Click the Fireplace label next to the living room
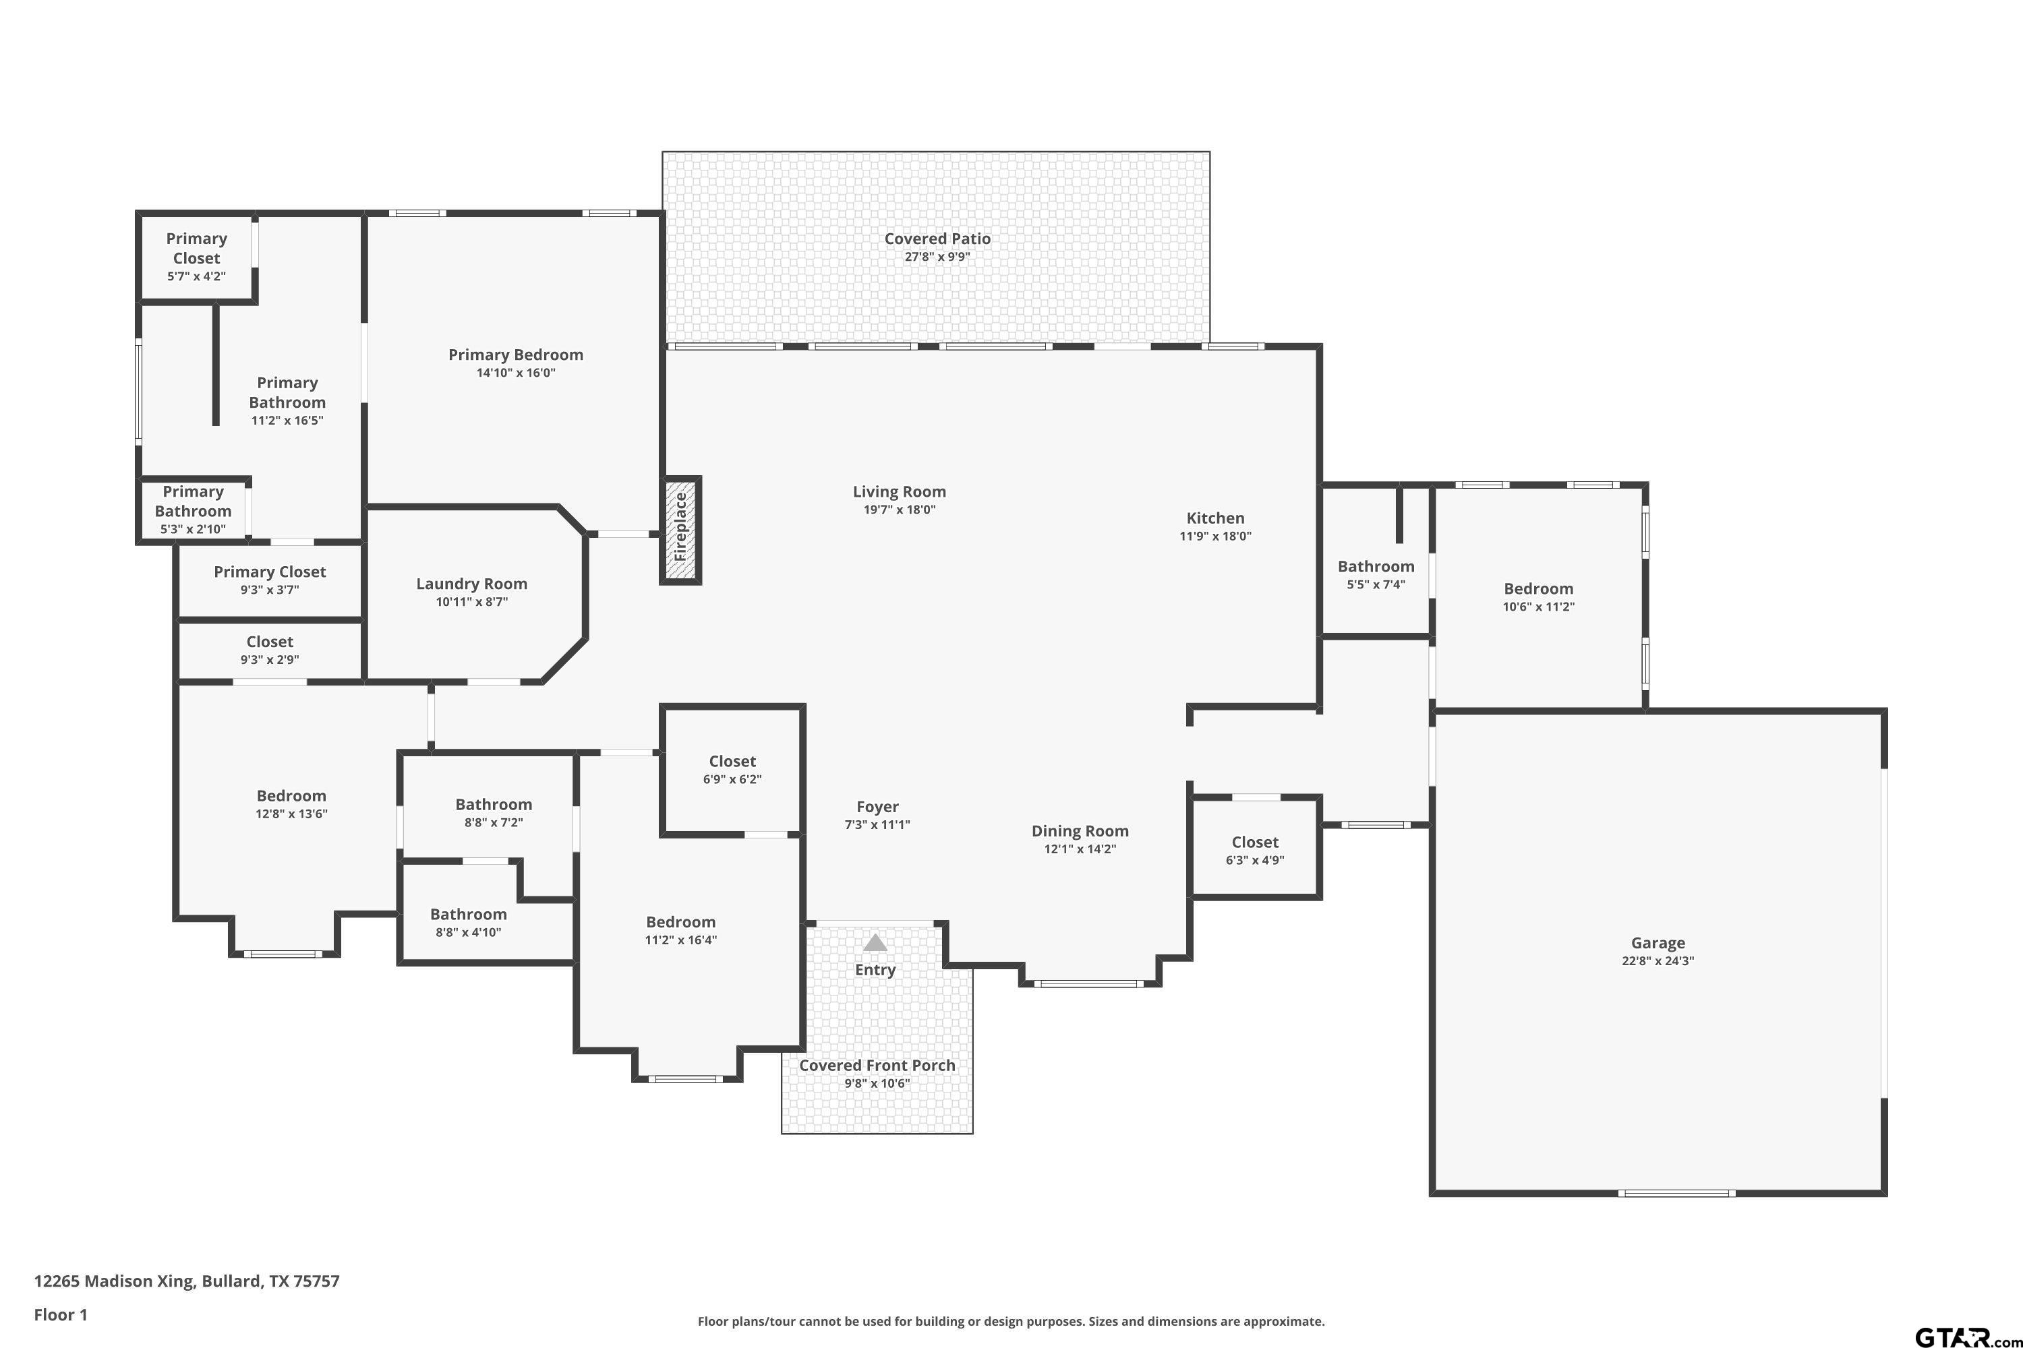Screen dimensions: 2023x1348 pyautogui.click(x=680, y=526)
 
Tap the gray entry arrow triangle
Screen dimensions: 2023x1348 pyautogui.click(x=875, y=942)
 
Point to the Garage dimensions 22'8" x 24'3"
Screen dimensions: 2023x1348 pyautogui.click(x=1658, y=961)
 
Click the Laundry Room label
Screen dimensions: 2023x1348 pyautogui.click(x=471, y=584)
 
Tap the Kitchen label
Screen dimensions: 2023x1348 pyautogui.click(x=1215, y=518)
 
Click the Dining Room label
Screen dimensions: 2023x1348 pyautogui.click(x=1080, y=831)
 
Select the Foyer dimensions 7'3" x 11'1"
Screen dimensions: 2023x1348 pyautogui.click(x=877, y=824)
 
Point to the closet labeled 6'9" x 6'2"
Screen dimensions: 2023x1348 pyautogui.click(x=732, y=770)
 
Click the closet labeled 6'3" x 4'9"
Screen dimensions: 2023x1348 pyautogui.click(x=1255, y=850)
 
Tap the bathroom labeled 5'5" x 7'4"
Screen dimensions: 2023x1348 pyautogui.click(x=1376, y=574)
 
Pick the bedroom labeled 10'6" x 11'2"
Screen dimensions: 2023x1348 pyautogui.click(x=1539, y=596)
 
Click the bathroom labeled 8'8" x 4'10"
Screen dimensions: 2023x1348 pyautogui.click(x=469, y=923)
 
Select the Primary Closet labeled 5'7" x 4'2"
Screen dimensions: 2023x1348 pyautogui.click(x=196, y=256)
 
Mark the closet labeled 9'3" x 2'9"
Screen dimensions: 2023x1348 pyautogui.click(x=270, y=650)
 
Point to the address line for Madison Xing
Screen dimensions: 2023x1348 pyautogui.click(x=187, y=1281)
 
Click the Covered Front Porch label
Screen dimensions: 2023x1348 pyautogui.click(x=877, y=1065)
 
